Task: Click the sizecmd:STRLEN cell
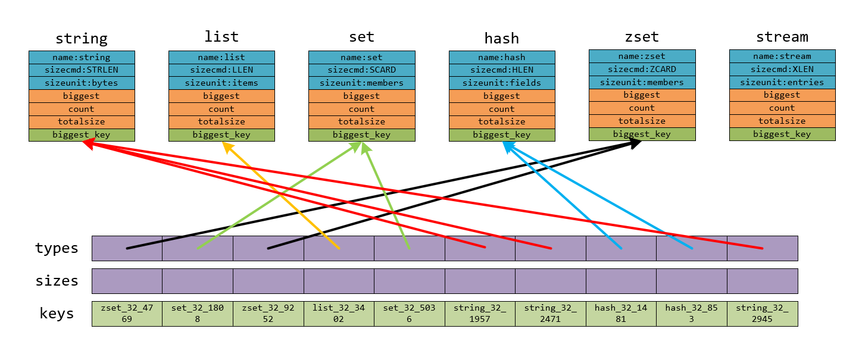82,70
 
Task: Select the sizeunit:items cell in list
221,83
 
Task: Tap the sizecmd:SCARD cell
361,70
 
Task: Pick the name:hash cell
502,57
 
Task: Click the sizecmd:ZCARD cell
642,69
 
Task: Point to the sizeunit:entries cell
782,82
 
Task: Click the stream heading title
782,37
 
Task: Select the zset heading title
642,37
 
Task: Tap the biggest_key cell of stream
782,134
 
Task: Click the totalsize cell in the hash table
502,121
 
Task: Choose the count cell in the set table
361,109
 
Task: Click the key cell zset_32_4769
127,314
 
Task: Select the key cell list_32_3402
339,314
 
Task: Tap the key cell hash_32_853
692,314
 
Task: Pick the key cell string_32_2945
762,314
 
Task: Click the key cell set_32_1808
197,314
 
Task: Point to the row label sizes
57,281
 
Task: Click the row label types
57,248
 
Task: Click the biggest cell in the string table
82,96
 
